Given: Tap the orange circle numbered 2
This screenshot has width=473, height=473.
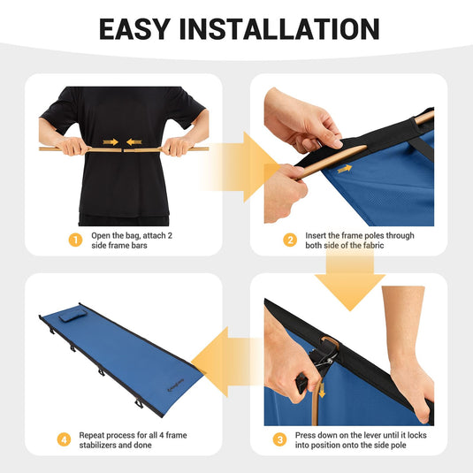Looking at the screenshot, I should pos(290,240).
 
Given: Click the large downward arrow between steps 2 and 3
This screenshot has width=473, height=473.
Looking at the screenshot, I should pos(351,282).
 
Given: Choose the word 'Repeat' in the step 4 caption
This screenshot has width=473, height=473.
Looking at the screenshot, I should pos(95,435).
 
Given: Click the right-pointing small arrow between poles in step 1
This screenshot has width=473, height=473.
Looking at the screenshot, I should pos(111,141).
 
